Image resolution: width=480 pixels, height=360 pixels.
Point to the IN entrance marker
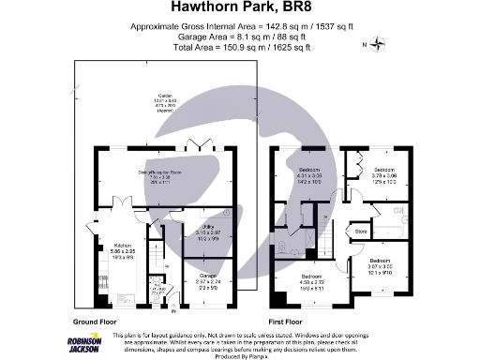(x=172, y=312)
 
